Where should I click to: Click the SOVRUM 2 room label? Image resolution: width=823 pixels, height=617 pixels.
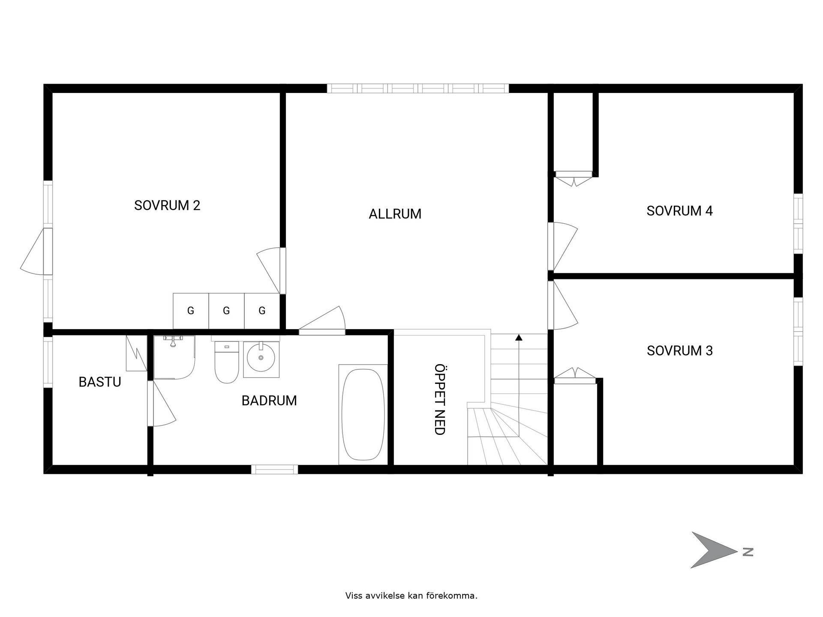167,206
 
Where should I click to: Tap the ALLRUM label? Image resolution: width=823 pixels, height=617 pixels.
395,214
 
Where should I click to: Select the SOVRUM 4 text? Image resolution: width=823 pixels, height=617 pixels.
679,211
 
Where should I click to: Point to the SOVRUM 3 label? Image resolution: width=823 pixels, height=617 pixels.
679,351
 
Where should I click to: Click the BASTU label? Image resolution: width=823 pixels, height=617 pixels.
100,382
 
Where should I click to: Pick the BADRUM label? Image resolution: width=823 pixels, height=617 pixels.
269,401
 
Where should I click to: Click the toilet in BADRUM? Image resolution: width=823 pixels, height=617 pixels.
226,362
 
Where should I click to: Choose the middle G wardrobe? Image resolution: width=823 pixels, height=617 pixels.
226,311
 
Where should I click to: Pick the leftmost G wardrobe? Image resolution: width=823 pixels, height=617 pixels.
191,311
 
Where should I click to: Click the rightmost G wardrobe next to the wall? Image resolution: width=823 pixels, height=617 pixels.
262,311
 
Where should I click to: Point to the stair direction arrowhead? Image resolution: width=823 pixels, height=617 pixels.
519,337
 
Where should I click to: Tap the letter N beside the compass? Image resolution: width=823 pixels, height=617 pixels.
748,552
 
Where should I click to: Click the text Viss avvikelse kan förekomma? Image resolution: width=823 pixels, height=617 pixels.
411,596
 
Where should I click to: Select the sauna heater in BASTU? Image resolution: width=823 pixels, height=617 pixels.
136,353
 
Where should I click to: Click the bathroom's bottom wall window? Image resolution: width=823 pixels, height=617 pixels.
274,469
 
